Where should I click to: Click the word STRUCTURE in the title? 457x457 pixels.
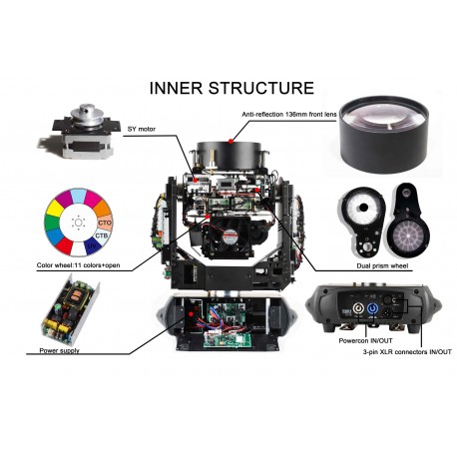[x=257, y=88]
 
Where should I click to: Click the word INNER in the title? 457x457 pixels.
[x=177, y=88]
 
